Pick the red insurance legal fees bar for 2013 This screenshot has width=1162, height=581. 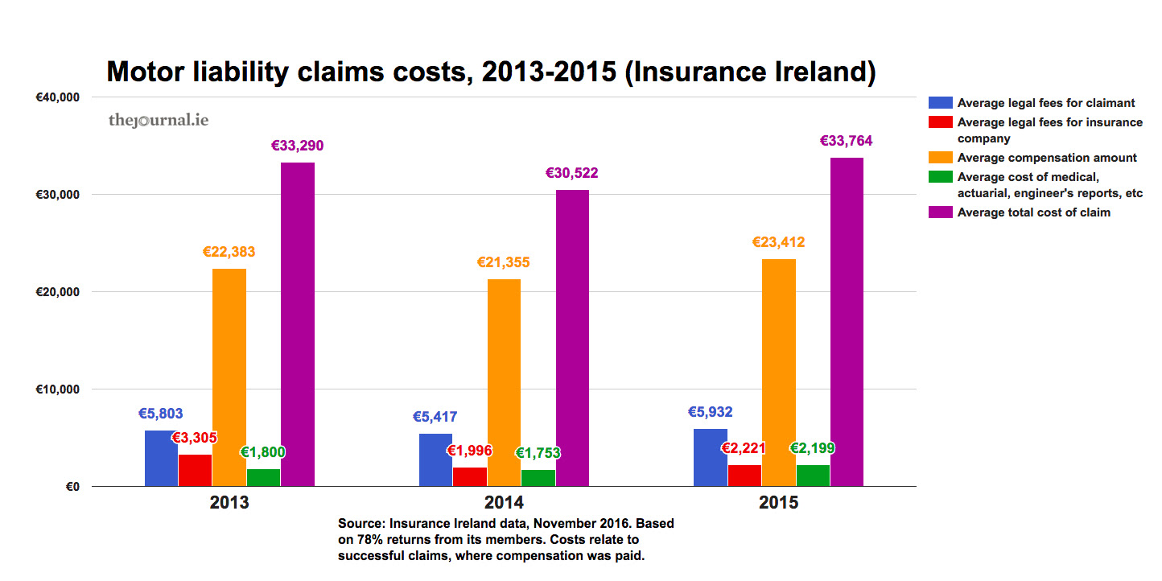(x=195, y=471)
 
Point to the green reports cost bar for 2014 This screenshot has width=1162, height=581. (x=538, y=478)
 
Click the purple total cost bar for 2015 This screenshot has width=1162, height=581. (x=847, y=322)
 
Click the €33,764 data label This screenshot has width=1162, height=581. (x=846, y=142)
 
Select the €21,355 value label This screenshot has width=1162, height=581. (x=504, y=263)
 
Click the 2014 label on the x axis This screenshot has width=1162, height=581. (x=504, y=503)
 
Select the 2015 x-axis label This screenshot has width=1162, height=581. (x=778, y=503)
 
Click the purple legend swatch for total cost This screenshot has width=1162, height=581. (x=940, y=212)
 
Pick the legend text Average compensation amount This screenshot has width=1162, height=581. (x=1047, y=158)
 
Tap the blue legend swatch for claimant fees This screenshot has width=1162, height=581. (x=940, y=102)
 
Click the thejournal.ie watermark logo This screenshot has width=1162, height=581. (x=159, y=121)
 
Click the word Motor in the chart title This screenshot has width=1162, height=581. (x=153, y=72)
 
